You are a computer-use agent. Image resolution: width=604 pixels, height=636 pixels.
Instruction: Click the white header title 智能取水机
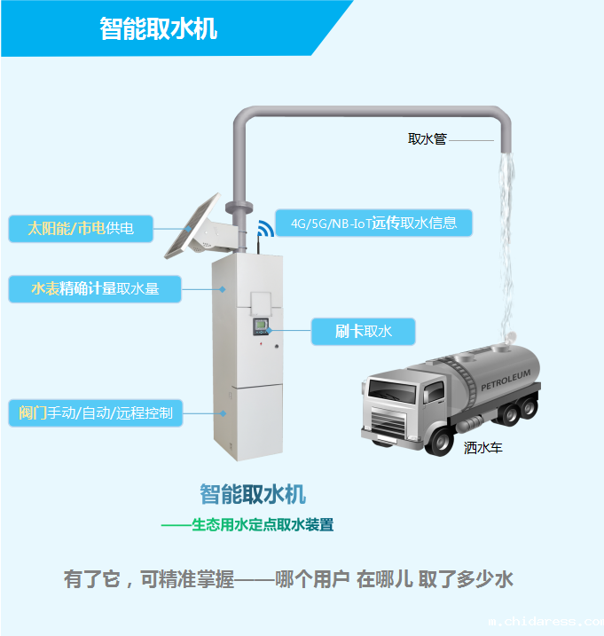159,28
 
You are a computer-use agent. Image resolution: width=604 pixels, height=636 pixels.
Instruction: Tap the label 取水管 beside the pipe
428,139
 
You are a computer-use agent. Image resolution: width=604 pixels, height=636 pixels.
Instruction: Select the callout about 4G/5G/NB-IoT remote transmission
373,224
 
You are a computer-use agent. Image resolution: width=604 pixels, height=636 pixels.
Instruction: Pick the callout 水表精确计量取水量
96,288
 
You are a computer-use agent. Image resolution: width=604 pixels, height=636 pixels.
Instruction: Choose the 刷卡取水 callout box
364,332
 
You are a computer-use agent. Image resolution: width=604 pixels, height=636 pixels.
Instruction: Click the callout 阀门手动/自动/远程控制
96,413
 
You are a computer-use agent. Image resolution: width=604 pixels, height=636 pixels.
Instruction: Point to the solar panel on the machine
193,227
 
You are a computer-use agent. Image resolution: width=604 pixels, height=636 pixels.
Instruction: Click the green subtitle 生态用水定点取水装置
263,525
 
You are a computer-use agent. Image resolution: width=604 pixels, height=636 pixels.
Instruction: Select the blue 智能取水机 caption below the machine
253,494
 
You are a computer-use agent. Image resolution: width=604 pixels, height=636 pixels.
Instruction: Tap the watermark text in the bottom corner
545,624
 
